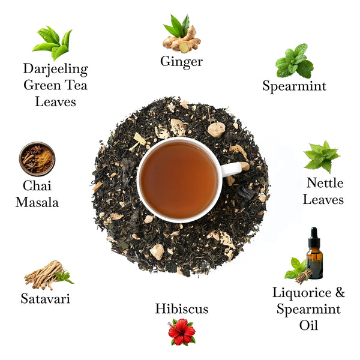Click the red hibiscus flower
click(x=181, y=332)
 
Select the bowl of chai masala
click(x=37, y=158)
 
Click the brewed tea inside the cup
click(x=179, y=179)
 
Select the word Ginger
click(x=181, y=62)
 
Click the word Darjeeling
click(x=55, y=69)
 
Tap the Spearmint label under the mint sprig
click(x=294, y=86)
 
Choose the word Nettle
click(x=325, y=182)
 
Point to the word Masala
click(x=37, y=202)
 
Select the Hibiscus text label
click(x=181, y=309)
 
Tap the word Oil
click(x=308, y=326)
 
